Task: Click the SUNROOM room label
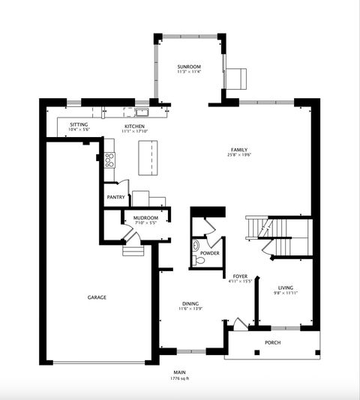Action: coord(189,67)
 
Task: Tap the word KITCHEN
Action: coord(135,127)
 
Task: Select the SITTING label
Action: coord(79,124)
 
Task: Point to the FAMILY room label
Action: coord(239,150)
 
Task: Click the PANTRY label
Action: coord(115,198)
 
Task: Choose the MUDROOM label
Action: coord(145,218)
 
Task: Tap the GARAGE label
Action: coord(97,297)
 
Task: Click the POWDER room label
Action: coord(209,253)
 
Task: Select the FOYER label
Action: coord(240,276)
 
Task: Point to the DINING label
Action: coord(190,303)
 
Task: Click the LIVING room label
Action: coord(286,288)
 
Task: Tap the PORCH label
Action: coord(272,343)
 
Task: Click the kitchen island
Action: coord(149,157)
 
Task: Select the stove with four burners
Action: coord(109,159)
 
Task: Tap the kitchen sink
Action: coord(140,113)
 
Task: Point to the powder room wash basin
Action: coord(196,245)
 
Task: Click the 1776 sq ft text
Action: coord(180,379)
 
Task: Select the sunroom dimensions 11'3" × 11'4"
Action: coord(189,73)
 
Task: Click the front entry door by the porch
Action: coord(238,324)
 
